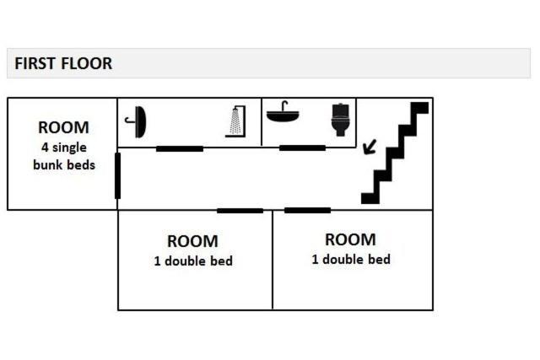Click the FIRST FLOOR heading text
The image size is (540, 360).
(x=63, y=63)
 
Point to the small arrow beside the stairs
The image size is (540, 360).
(x=369, y=148)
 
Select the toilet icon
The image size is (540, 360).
(x=340, y=120)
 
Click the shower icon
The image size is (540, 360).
(x=235, y=121)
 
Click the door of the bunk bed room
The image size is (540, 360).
(x=117, y=175)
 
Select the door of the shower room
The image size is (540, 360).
(x=179, y=149)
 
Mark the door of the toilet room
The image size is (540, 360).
(x=302, y=148)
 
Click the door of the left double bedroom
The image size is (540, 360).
(x=240, y=210)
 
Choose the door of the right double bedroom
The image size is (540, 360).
(x=307, y=210)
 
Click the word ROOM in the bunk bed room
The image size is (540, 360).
(x=63, y=128)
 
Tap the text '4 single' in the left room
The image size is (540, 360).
(x=63, y=148)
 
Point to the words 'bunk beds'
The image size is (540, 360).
(x=63, y=164)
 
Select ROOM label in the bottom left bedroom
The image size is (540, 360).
(x=192, y=242)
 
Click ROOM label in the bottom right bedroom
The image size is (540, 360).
(x=350, y=240)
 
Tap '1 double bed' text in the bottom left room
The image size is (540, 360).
(x=193, y=261)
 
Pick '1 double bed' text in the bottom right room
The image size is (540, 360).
(x=351, y=260)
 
